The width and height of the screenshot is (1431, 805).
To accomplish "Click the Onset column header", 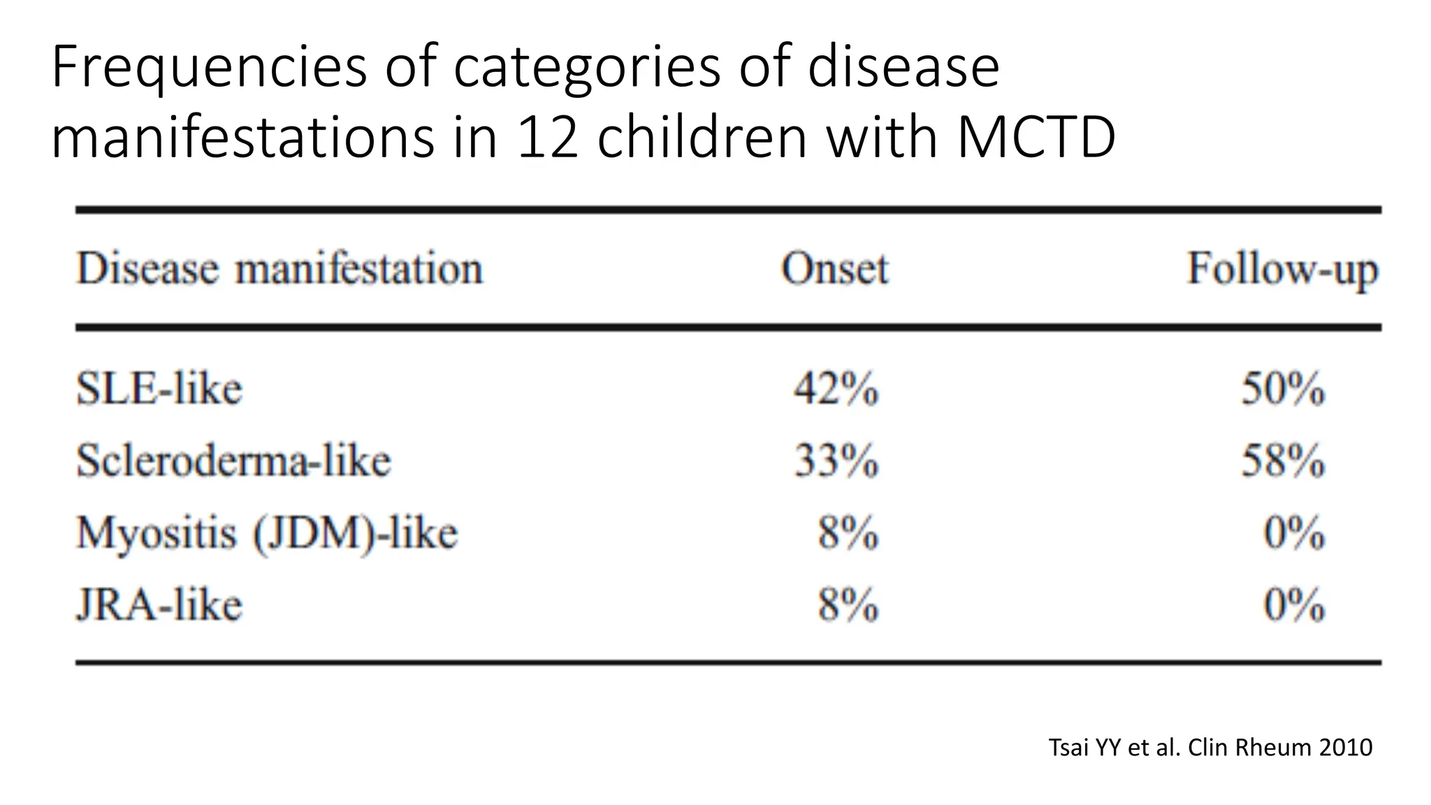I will tap(834, 269).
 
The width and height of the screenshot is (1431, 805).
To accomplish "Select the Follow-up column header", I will tap(1283, 270).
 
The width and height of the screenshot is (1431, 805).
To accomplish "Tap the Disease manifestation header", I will tap(279, 269).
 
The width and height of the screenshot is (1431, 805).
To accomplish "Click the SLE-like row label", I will tap(159, 389).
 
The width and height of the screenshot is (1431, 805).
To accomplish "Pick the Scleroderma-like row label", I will tap(233, 461).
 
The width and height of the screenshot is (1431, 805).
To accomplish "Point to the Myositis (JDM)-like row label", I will tap(267, 534).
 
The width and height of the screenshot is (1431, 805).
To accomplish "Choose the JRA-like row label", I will tap(159, 605).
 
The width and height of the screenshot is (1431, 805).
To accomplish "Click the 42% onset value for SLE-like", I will tap(836, 389).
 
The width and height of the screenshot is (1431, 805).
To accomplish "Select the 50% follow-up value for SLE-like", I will tap(1283, 389).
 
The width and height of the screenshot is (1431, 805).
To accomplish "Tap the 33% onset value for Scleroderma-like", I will tap(836, 461).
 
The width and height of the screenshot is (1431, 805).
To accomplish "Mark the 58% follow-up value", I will tap(1283, 461).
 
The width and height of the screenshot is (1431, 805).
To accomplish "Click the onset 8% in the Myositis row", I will tap(848, 534).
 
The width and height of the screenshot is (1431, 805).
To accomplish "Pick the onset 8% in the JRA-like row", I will tap(848, 605).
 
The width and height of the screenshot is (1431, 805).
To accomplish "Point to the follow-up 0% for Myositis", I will tap(1294, 534).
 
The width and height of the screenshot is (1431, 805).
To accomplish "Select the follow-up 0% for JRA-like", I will tap(1294, 605).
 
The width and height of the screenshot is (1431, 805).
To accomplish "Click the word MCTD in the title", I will tap(1036, 137).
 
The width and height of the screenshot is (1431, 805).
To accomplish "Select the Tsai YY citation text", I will tap(1210, 748).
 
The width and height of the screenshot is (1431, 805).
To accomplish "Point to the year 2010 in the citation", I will tap(1345, 748).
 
